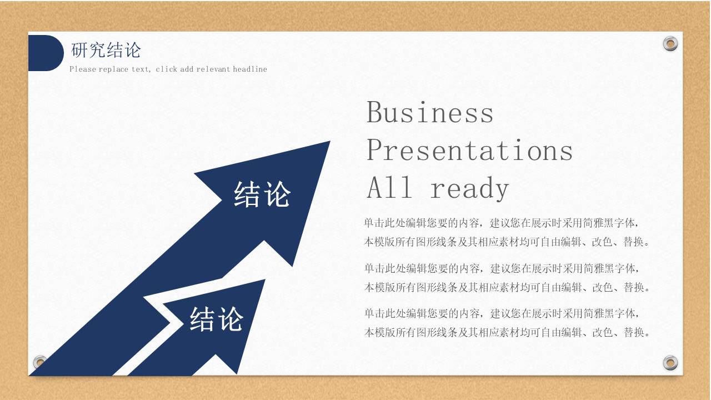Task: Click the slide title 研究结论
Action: (x=106, y=50)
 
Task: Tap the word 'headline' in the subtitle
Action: (x=250, y=69)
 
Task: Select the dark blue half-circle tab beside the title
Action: (x=46, y=53)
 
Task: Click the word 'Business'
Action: (x=430, y=112)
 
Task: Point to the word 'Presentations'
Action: (x=470, y=150)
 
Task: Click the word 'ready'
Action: (x=469, y=188)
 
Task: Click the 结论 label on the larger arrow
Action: (x=262, y=194)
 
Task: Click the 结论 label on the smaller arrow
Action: (x=217, y=319)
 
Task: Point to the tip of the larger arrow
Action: (x=330, y=141)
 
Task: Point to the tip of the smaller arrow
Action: (x=265, y=279)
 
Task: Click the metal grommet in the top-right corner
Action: (x=670, y=43)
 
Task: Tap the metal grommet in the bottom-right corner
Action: (x=670, y=363)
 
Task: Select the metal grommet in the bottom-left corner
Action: (x=39, y=362)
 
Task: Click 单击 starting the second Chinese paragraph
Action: (x=374, y=268)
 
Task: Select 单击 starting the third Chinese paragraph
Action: (x=374, y=314)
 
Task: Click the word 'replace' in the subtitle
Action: (x=113, y=69)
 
